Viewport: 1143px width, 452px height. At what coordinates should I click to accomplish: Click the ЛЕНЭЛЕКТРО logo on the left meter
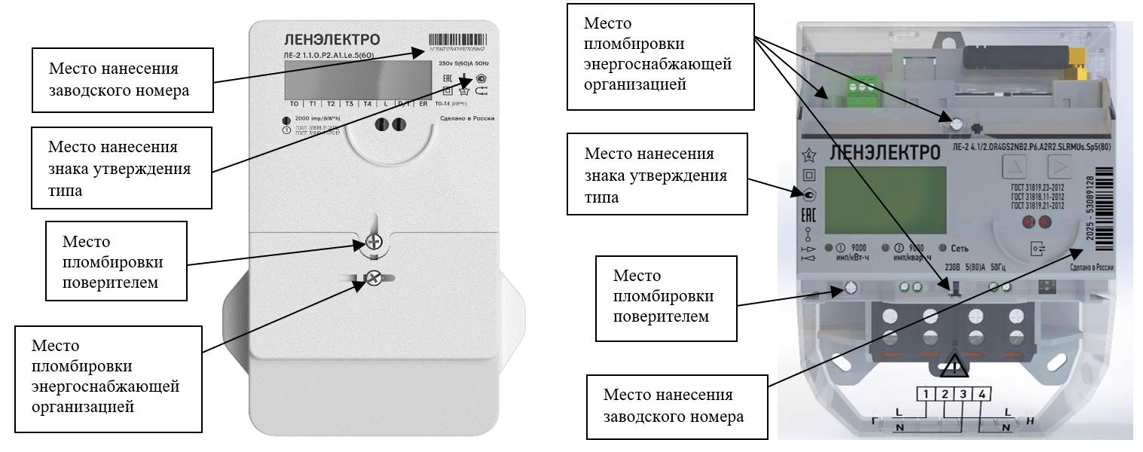[x=332, y=40]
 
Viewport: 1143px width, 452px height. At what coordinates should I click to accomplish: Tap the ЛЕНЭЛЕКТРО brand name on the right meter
[x=885, y=153]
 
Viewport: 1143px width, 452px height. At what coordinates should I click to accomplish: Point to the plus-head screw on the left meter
[x=374, y=242]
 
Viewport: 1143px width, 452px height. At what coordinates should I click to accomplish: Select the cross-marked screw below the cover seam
[x=371, y=277]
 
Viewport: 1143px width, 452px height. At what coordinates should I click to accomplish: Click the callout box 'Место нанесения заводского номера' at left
[x=121, y=79]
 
